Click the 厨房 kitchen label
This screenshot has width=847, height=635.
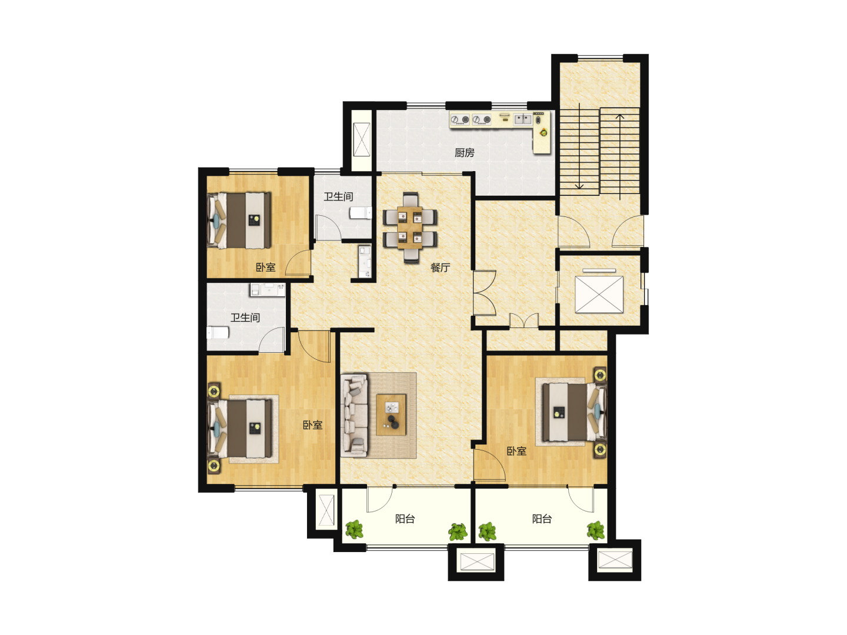click(464, 153)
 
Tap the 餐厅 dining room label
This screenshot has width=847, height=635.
click(440, 267)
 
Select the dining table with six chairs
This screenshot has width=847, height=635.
click(410, 228)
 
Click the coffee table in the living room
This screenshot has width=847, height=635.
click(391, 415)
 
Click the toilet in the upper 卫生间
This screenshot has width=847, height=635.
click(361, 213)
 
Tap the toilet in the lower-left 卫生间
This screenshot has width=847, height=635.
click(218, 332)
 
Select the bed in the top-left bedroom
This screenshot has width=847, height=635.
click(239, 220)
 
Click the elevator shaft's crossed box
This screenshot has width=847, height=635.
click(599, 294)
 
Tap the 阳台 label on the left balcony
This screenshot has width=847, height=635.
click(405, 519)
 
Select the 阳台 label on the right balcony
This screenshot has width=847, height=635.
click(542, 519)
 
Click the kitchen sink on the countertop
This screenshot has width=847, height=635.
click(523, 119)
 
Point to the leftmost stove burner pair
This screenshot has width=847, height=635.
click(460, 120)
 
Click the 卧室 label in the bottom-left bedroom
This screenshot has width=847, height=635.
click(312, 425)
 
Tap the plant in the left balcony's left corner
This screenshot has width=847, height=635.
click(354, 529)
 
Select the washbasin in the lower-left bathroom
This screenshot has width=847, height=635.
click(268, 289)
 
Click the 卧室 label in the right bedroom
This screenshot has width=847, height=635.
click(516, 451)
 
